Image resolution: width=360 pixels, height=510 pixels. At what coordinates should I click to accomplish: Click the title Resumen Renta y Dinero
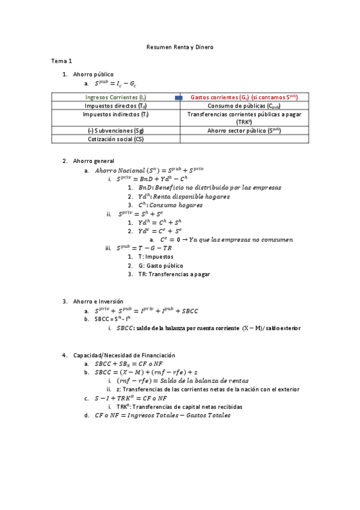click(180, 46)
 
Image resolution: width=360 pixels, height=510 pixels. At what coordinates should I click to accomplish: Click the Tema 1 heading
click(61, 61)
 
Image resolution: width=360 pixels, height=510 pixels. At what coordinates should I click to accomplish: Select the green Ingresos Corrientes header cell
click(116, 97)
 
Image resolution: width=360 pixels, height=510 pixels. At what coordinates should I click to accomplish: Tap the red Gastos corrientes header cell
click(244, 97)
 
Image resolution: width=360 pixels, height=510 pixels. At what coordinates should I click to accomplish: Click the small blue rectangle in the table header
click(178, 97)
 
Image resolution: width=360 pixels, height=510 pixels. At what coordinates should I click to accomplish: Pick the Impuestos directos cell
click(116, 105)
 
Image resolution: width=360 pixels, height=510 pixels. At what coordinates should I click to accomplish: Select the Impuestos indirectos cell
click(116, 114)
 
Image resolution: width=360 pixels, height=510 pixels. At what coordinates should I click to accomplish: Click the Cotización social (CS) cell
click(116, 139)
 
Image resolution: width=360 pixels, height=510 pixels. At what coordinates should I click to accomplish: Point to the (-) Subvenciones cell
click(116, 130)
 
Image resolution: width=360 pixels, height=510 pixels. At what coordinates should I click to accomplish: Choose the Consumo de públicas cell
click(244, 105)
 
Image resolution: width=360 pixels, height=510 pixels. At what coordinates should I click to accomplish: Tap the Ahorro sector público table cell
click(244, 130)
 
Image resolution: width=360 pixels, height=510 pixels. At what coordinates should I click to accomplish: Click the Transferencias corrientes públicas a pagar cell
click(244, 117)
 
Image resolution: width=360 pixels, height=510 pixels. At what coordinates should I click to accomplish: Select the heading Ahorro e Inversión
click(98, 301)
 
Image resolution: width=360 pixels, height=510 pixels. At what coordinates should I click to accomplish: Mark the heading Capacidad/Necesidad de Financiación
click(124, 355)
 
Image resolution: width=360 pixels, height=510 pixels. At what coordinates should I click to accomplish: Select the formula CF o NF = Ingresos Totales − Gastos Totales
click(162, 416)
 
